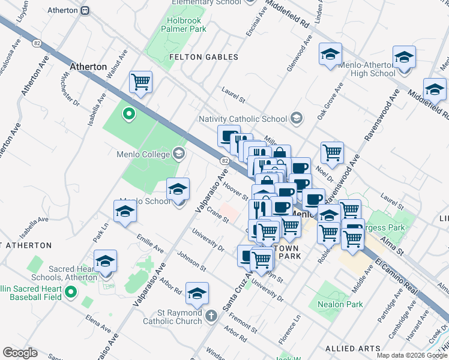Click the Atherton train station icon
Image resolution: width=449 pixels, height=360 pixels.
point(86,10)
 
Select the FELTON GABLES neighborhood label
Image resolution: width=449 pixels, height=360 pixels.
point(203,57)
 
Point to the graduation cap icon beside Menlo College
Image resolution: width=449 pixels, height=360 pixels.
point(178,154)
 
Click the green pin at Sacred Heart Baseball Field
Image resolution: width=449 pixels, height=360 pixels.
point(71,292)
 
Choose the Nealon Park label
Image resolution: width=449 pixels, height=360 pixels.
point(340,304)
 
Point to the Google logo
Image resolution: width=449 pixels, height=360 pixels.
point(20,353)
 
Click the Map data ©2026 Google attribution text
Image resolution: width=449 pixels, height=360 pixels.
point(412,355)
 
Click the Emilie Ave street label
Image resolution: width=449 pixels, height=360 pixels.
point(150,243)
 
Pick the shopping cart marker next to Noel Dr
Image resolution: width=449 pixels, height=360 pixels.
point(331,152)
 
